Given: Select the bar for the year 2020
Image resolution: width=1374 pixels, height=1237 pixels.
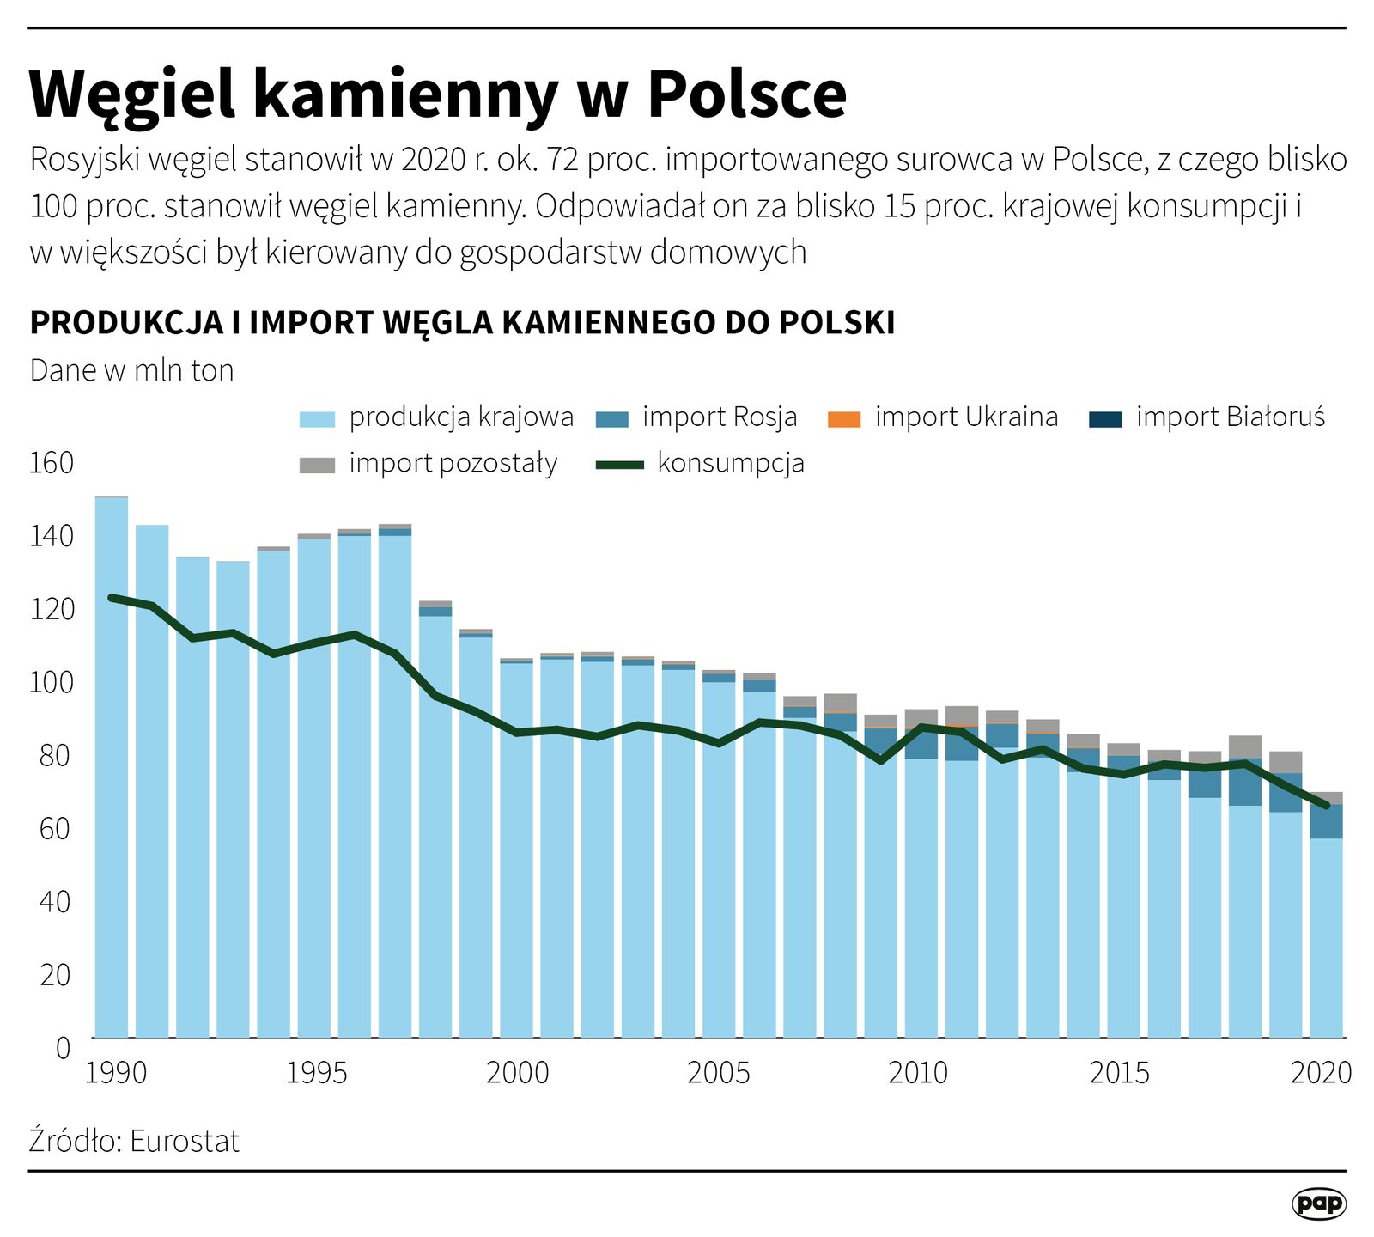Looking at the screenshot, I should click(x=1326, y=936).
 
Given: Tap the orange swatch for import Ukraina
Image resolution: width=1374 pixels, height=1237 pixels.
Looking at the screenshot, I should click(x=842, y=419).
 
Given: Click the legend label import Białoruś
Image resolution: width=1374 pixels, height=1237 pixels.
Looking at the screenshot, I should click(x=1230, y=417).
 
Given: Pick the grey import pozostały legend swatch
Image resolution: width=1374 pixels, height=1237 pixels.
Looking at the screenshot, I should click(x=316, y=465).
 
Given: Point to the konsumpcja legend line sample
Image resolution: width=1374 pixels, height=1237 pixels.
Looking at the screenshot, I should click(x=619, y=465).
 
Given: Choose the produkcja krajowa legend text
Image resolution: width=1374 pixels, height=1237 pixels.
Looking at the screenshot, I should click(x=461, y=417).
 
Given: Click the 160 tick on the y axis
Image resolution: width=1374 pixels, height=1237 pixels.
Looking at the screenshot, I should click(x=52, y=464).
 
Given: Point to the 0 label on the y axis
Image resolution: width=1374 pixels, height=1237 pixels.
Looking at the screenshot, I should click(x=63, y=1048).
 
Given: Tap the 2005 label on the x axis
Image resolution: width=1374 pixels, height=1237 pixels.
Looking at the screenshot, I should click(x=718, y=1073).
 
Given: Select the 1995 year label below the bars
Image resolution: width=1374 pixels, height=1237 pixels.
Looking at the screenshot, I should click(x=316, y=1073).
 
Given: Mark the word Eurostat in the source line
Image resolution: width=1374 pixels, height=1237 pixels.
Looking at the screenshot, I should click(x=185, y=1142).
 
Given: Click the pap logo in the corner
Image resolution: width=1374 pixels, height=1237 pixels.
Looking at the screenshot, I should click(x=1318, y=1203).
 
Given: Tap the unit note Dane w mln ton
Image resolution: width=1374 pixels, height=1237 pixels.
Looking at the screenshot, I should click(x=131, y=370).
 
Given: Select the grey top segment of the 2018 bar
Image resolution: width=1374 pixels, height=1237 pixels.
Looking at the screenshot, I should click(x=1245, y=746).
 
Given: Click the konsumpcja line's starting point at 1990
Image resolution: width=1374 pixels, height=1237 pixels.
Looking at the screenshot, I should click(x=111, y=597).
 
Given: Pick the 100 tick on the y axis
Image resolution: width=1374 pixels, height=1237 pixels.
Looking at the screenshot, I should click(x=52, y=683).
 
